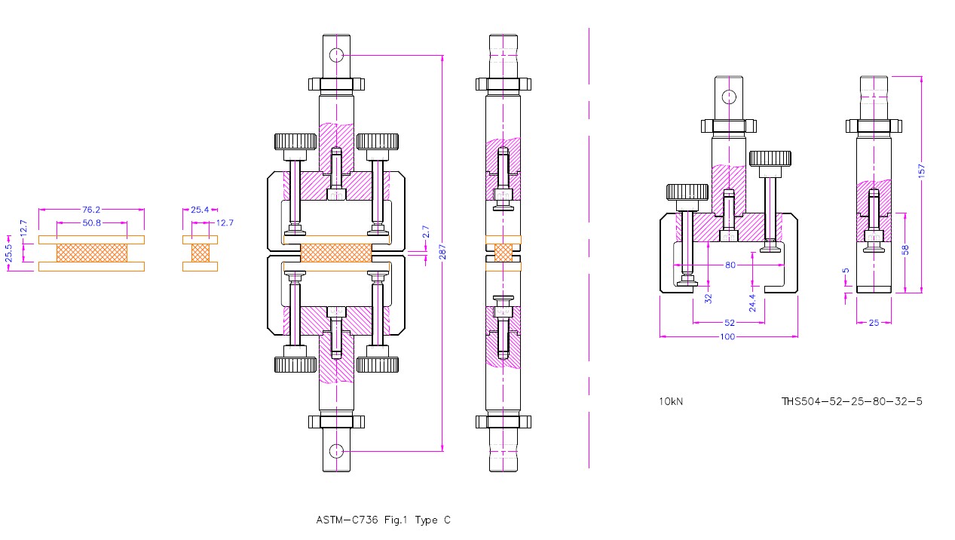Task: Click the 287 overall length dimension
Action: [x=443, y=253]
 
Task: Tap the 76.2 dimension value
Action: [x=91, y=210]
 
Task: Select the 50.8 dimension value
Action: [x=91, y=222]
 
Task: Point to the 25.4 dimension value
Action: [x=200, y=210]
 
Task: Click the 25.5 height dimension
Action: [x=9, y=253]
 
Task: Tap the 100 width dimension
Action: [x=727, y=336]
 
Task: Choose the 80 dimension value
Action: [x=730, y=265]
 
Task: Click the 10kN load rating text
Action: [x=671, y=401]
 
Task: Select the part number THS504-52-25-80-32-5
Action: [x=852, y=401]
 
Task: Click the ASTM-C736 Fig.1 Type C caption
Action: [x=383, y=520]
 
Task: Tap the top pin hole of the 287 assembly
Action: [x=336, y=55]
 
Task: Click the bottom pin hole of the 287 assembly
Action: [x=336, y=451]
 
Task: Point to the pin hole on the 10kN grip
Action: [x=729, y=97]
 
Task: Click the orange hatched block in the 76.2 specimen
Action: [x=91, y=253]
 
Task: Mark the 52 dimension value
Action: [x=729, y=323]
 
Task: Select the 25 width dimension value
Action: [x=874, y=323]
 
